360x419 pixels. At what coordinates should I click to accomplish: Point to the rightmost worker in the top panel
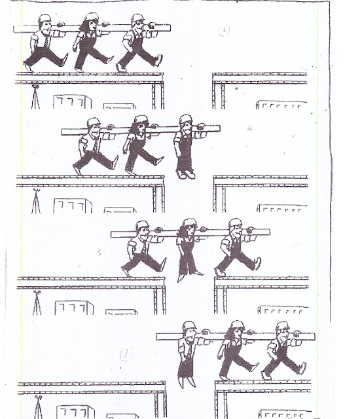(x=139, y=43)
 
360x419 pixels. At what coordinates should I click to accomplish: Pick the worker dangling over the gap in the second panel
(x=185, y=147)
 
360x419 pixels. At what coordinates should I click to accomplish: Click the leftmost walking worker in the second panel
(x=92, y=147)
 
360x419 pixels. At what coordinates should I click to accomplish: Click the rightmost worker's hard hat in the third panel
(x=232, y=224)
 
